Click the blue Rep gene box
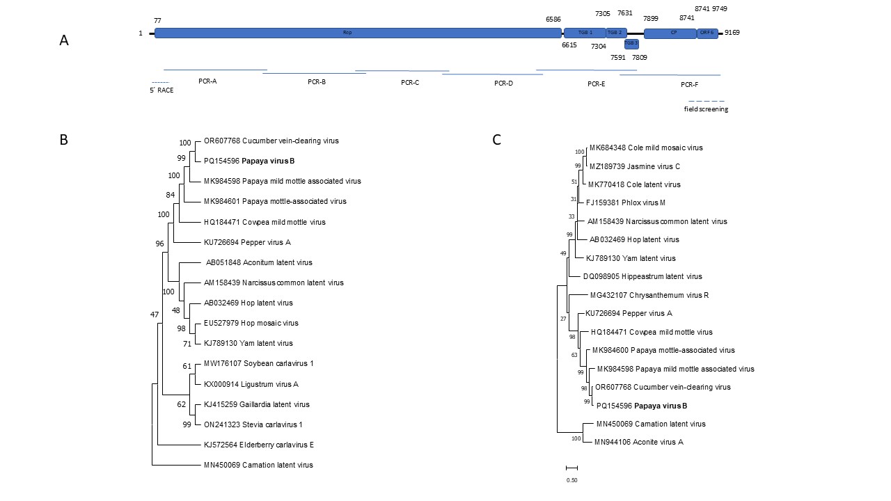pyautogui.click(x=348, y=33)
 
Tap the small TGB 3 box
pyautogui.click(x=631, y=44)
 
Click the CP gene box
pyautogui.click(x=670, y=33)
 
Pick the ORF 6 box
pyautogui.click(x=707, y=33)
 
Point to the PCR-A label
pyautogui.click(x=207, y=81)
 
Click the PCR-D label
pyautogui.click(x=503, y=83)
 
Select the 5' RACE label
pyautogui.click(x=161, y=90)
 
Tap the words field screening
pyautogui.click(x=706, y=109)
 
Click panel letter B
pyautogui.click(x=63, y=139)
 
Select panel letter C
pyautogui.click(x=496, y=139)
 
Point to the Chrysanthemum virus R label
pyautogui.click(x=649, y=295)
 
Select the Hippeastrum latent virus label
pyautogui.click(x=647, y=276)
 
